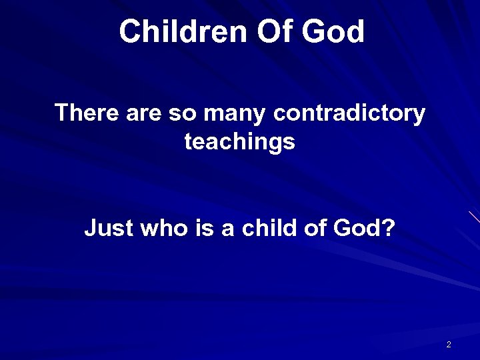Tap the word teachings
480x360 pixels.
pos(239,143)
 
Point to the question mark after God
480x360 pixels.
pos(389,230)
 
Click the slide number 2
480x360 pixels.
pos(449,345)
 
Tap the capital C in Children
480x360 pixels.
pos(130,31)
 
